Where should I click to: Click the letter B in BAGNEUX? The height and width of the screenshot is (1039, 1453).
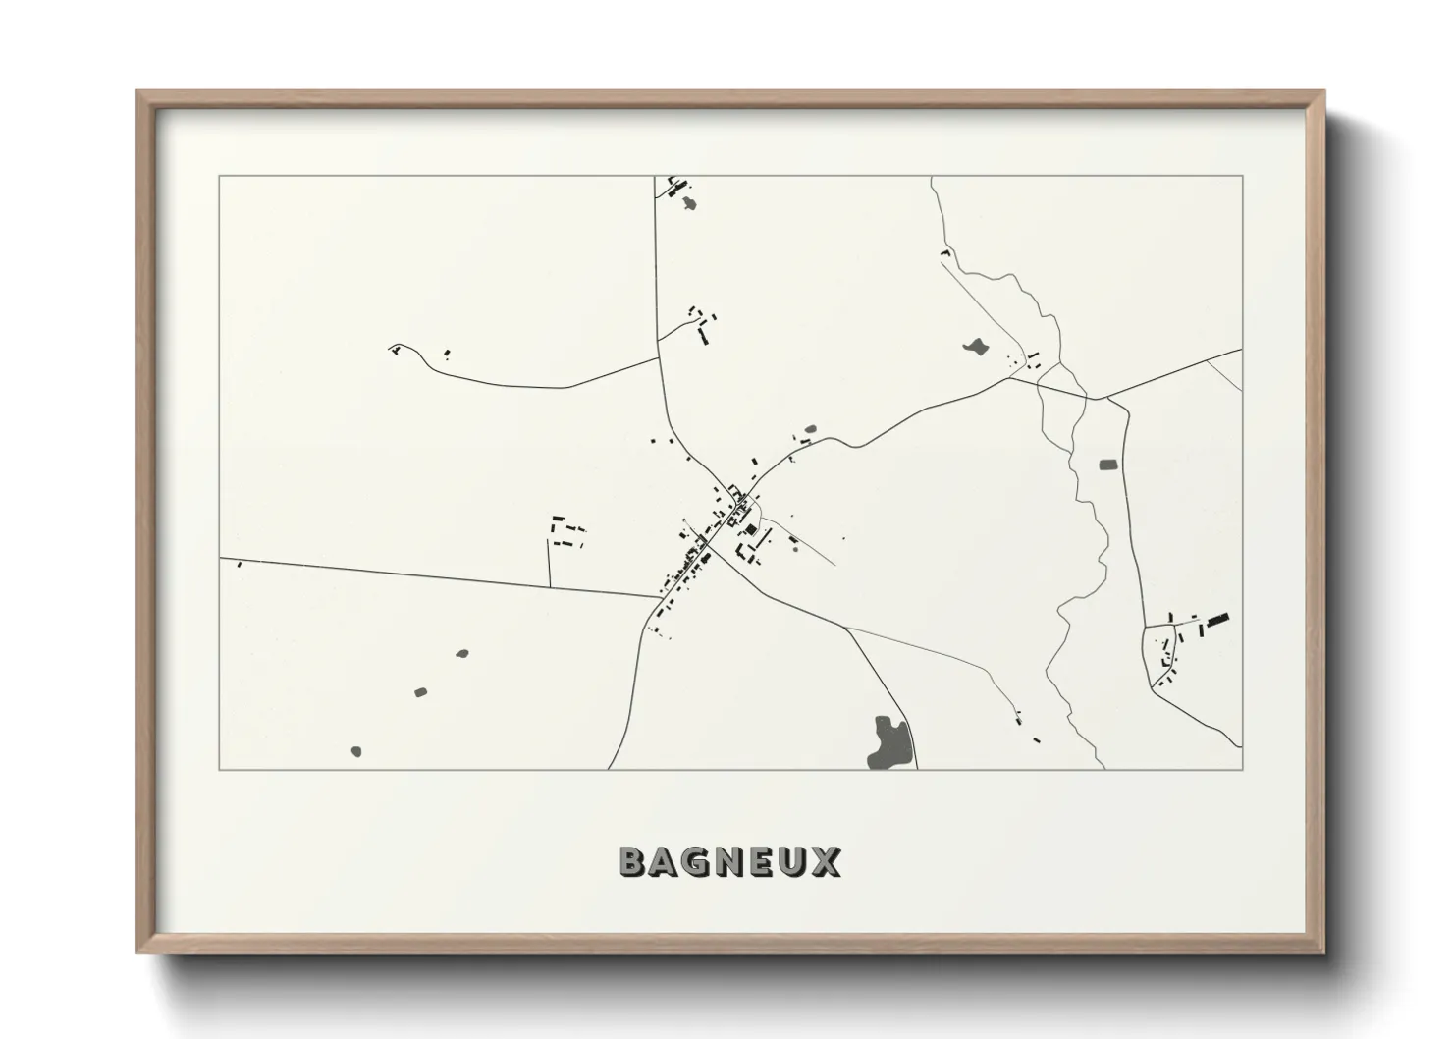[x=633, y=861]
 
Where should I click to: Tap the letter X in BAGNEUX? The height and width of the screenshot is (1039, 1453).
[x=826, y=861]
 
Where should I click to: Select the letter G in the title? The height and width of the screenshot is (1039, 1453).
[x=697, y=861]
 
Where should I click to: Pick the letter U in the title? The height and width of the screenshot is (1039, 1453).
[x=793, y=861]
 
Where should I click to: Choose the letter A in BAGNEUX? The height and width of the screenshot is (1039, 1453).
[x=665, y=861]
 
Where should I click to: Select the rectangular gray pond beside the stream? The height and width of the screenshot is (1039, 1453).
[x=1108, y=464]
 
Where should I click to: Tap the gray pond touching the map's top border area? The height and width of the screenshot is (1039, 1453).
[x=690, y=203]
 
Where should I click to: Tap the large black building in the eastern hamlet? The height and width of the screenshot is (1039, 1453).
[x=1218, y=620]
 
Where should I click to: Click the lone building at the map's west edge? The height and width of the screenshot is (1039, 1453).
[x=239, y=564]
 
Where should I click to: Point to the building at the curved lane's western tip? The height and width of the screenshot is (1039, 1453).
[x=395, y=348]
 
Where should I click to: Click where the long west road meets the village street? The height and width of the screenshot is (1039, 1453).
[x=662, y=597]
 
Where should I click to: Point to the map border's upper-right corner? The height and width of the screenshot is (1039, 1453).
[x=1242, y=177]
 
